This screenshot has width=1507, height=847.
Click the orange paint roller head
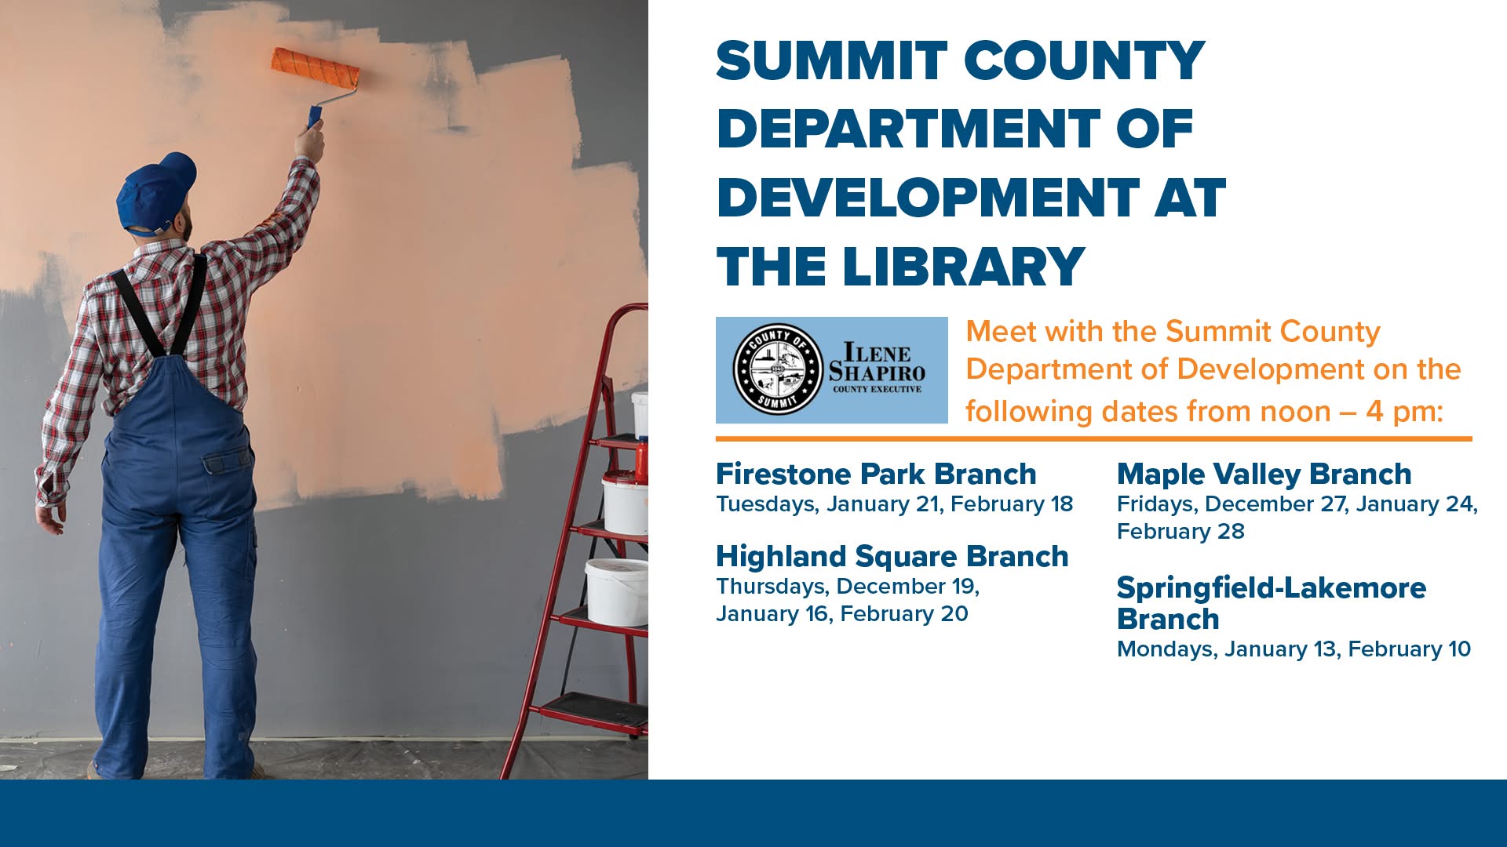316,69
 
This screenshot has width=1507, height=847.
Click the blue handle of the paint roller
315,118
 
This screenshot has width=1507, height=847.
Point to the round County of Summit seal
778,369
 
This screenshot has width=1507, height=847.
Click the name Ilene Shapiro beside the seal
877,362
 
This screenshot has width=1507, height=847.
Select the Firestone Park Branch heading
876,474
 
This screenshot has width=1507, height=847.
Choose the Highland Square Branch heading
892,557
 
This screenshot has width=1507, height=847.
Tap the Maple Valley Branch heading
1264,474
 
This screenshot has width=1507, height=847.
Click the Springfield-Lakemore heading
1272,603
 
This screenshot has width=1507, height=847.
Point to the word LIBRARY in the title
964,267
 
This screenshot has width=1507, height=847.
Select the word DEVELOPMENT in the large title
928,198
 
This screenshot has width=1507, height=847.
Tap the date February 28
1180,532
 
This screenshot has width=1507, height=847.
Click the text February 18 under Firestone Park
1012,504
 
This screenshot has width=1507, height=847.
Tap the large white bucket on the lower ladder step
617,591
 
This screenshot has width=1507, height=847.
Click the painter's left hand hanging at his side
50,518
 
